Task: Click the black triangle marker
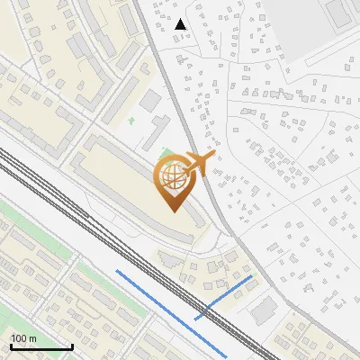[181, 24]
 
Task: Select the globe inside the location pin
[175, 177]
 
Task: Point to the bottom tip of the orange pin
[174, 211]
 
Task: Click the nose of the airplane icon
[213, 156]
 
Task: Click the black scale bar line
[40, 347]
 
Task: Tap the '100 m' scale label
[23, 339]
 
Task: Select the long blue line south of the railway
[171, 311]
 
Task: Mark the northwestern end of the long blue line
[116, 270]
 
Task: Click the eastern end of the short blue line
[252, 277]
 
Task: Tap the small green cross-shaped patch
[132, 121]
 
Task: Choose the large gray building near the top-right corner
[340, 11]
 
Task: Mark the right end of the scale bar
[72, 347]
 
